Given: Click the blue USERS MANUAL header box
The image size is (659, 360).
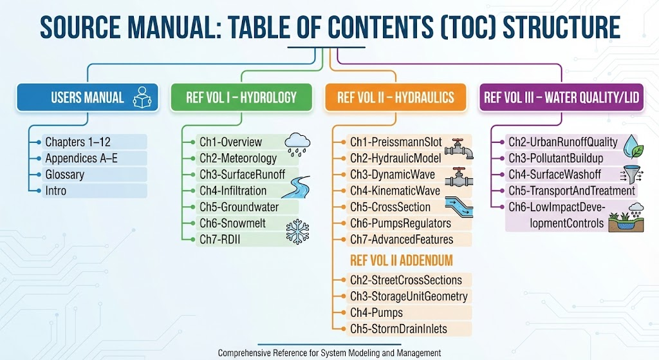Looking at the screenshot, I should [88, 98].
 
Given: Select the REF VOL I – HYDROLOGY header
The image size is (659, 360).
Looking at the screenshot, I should [241, 98].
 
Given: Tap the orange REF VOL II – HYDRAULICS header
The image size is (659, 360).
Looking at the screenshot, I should [396, 98].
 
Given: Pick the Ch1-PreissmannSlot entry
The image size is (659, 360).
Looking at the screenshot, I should [395, 142].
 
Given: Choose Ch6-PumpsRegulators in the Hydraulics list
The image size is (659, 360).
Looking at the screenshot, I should [400, 223].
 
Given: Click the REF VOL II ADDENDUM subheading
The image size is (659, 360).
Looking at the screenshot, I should [402, 261].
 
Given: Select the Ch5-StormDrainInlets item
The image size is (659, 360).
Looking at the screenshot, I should [398, 329].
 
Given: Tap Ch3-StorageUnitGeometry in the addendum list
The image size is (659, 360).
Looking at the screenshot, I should [409, 297].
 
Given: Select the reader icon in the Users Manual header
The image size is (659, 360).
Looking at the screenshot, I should [142, 99].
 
